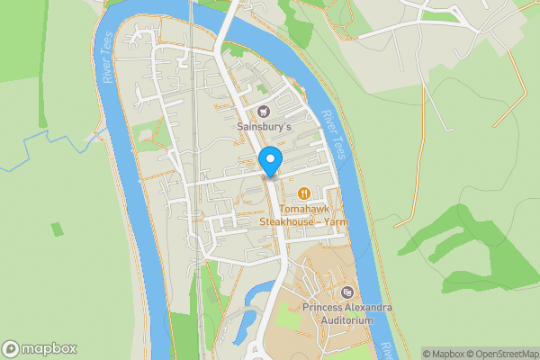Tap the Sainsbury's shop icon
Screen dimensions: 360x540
pos(264,112)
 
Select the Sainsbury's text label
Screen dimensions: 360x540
pos(264,127)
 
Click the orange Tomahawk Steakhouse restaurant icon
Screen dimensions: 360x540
pos(304,193)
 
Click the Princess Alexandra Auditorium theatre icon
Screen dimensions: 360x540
pos(347,292)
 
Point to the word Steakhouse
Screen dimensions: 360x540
pos(289,220)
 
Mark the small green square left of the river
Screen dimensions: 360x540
pos(58,229)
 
